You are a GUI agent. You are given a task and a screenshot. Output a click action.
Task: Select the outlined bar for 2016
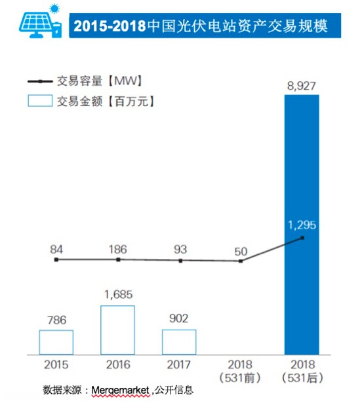click(x=118, y=330)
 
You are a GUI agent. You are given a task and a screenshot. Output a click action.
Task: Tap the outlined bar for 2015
click(x=56, y=342)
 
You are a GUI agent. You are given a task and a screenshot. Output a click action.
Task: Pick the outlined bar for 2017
click(x=179, y=341)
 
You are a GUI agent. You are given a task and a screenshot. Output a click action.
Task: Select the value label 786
click(x=56, y=320)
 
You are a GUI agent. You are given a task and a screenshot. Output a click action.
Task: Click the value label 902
click(x=179, y=320)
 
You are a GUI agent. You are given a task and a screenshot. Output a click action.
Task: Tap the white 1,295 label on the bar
click(x=301, y=225)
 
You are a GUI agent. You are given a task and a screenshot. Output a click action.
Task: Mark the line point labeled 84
click(x=56, y=259)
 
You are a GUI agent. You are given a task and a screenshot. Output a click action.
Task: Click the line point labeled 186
click(x=118, y=259)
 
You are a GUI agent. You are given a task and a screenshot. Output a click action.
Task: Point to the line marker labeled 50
click(x=241, y=261)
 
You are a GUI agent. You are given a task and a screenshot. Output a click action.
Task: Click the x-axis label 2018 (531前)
click(x=241, y=370)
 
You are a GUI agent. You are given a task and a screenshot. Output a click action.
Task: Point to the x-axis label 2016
click(x=118, y=364)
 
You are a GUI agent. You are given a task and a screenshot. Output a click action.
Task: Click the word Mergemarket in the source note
click(x=120, y=389)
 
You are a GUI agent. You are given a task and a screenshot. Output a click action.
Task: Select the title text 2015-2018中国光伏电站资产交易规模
click(x=199, y=27)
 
